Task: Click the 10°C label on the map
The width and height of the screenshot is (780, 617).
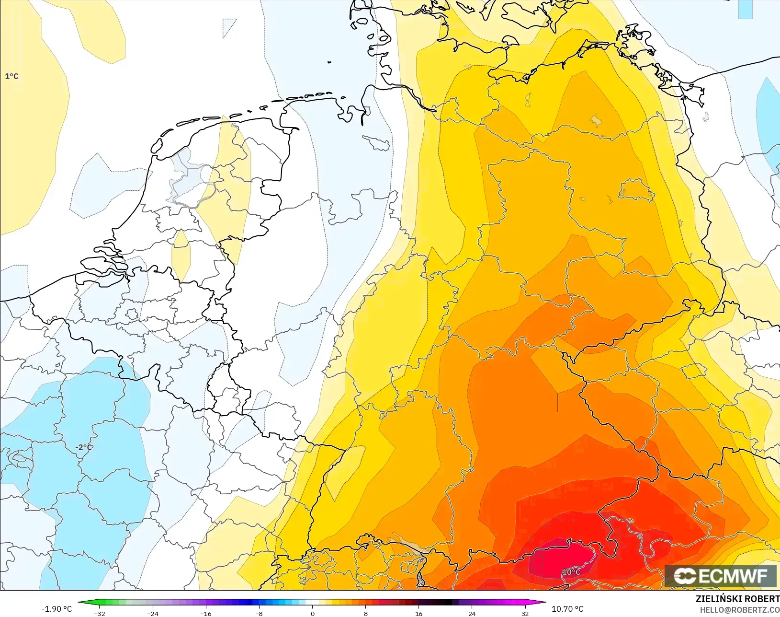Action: tap(571, 572)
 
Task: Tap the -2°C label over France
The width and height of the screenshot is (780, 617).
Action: tap(84, 447)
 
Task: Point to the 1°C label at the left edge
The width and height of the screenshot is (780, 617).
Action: tap(11, 76)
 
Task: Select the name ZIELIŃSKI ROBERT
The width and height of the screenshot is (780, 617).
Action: tap(737, 599)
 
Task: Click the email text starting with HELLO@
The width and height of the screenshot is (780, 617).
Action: tap(739, 610)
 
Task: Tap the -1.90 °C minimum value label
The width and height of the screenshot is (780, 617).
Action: tap(57, 609)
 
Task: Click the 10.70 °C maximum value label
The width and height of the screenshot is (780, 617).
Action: tap(567, 609)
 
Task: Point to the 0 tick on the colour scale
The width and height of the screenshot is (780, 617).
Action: tap(312, 614)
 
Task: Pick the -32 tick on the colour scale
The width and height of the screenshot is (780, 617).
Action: tap(100, 614)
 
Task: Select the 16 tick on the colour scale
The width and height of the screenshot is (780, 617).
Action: tap(418, 614)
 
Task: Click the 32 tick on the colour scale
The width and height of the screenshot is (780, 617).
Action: tap(525, 614)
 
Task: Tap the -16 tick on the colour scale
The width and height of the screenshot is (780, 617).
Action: tap(206, 614)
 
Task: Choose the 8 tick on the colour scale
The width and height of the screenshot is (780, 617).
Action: tap(365, 614)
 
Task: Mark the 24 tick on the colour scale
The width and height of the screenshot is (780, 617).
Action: tap(472, 614)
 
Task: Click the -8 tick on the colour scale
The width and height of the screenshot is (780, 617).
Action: tap(259, 614)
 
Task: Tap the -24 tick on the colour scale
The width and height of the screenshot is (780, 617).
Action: tap(153, 614)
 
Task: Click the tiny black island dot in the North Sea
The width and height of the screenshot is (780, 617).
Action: tap(329, 62)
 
